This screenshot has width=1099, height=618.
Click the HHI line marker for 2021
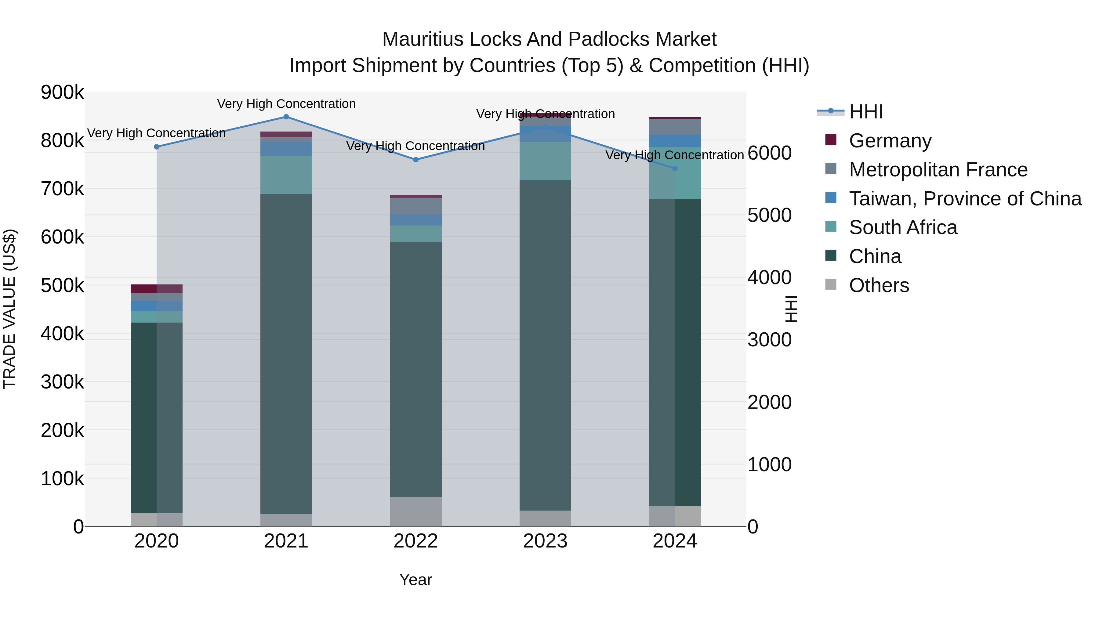[x=286, y=117]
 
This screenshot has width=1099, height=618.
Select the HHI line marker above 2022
[x=416, y=160]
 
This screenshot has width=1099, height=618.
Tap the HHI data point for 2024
[x=675, y=168]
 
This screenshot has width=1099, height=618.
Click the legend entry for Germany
[x=890, y=141]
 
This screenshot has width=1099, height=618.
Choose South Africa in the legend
[x=903, y=227]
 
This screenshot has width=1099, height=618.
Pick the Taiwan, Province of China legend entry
[x=965, y=199]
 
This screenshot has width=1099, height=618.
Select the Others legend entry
[x=879, y=285]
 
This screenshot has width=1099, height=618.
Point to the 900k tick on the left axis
[x=62, y=92]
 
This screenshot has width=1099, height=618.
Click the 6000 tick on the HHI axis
[x=769, y=153]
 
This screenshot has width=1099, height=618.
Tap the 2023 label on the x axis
[x=545, y=541]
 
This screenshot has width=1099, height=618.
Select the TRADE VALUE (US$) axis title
[x=10, y=309]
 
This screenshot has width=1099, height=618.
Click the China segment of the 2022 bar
[x=416, y=369]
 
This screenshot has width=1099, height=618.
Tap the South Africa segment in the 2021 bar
[x=286, y=175]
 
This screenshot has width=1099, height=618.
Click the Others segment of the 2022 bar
[x=416, y=511]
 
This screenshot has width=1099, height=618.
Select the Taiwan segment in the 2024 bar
[x=675, y=141]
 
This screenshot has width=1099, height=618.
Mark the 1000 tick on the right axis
[x=769, y=464]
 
